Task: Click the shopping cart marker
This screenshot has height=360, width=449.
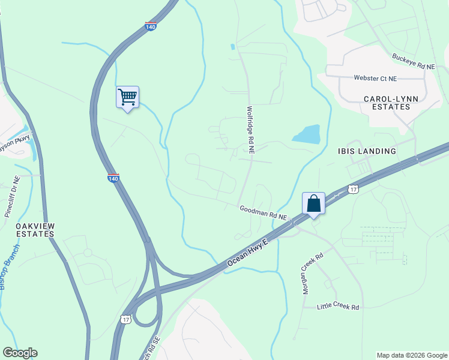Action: (x=127, y=97)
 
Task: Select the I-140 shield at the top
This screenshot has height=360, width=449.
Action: (x=151, y=27)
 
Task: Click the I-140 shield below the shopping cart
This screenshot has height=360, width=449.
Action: (x=113, y=178)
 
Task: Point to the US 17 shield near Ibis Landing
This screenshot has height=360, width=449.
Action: (x=354, y=189)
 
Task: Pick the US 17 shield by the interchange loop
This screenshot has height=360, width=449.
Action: (x=125, y=319)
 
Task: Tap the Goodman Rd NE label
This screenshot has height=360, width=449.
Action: (x=264, y=212)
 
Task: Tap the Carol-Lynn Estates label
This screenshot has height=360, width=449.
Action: (x=387, y=103)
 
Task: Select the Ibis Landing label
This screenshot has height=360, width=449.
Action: (x=366, y=151)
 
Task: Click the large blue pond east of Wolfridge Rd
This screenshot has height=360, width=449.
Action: (x=307, y=134)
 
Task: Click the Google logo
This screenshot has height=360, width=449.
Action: (x=20, y=353)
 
